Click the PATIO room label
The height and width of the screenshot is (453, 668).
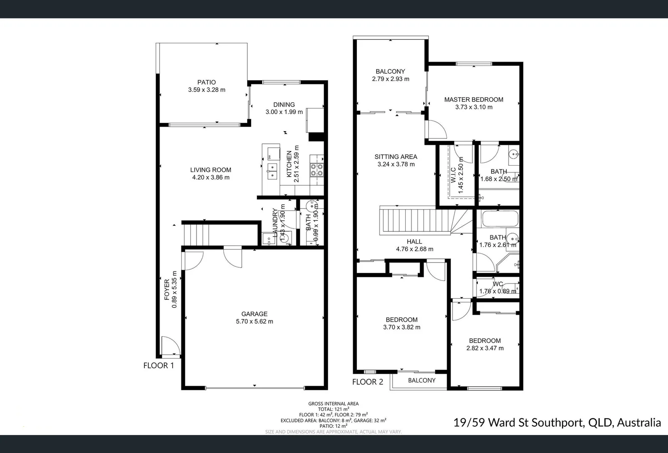tap(207, 83)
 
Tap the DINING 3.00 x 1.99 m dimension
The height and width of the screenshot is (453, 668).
tap(284, 112)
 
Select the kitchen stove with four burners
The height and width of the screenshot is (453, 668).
tap(317, 169)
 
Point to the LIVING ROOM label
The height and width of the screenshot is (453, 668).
tap(211, 170)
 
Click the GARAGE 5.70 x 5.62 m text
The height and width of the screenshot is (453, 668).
tap(254, 321)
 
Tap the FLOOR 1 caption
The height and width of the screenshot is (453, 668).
tap(159, 365)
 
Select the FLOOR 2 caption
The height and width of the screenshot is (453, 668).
tap(367, 382)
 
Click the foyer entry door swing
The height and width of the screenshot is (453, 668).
tap(170, 346)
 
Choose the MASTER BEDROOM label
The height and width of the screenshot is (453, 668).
tap(474, 100)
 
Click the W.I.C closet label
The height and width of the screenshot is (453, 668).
tap(453, 175)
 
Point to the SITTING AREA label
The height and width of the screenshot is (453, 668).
tap(396, 157)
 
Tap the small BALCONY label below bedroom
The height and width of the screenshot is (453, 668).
tap(422, 380)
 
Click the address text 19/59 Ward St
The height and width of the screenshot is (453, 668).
tap(557, 422)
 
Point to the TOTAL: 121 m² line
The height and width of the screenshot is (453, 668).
tap(333, 409)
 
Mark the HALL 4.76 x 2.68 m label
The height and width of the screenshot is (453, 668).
tap(414, 245)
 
